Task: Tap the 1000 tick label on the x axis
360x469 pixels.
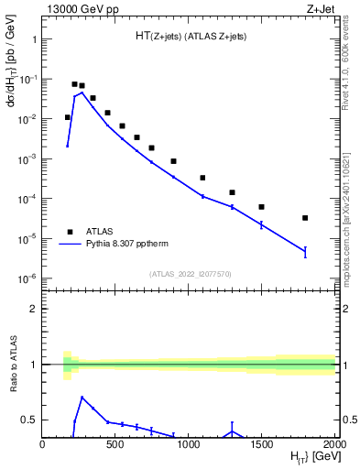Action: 189,445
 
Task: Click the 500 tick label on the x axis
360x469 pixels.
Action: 115,445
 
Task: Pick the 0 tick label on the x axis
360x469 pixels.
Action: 42,445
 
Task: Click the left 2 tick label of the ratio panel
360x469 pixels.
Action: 32,309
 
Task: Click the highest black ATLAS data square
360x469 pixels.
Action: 74,83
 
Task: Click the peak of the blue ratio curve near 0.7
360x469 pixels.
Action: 82,398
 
